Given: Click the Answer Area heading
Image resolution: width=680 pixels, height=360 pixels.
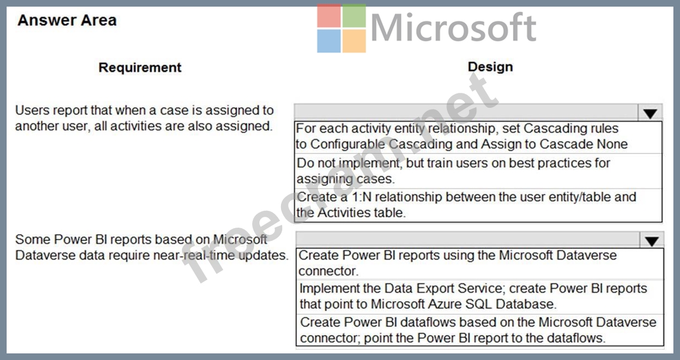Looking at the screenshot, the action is click(67, 20).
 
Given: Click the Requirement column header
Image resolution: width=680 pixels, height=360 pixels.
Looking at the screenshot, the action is click(140, 68).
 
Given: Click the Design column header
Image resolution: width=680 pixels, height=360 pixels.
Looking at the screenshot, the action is click(490, 67).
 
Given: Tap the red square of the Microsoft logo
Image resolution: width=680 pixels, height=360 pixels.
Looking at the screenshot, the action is click(329, 16).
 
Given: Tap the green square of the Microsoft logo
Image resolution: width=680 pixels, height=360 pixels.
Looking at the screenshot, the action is click(354, 16).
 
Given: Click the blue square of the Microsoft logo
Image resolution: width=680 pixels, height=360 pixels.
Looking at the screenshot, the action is click(329, 41).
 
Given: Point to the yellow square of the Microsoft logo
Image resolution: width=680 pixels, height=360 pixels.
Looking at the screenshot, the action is click(354, 41).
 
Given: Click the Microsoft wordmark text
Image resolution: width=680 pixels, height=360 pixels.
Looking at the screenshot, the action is click(453, 28).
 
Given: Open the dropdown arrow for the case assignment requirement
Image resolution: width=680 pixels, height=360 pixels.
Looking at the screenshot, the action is click(649, 113).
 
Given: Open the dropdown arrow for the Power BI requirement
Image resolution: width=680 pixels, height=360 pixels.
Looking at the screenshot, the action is click(651, 240).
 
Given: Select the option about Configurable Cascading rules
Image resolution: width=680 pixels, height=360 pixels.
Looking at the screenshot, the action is click(461, 136).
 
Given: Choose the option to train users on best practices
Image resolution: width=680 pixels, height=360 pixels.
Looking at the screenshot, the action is click(453, 171).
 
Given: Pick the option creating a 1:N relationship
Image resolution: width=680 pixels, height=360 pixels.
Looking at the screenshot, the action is click(466, 205).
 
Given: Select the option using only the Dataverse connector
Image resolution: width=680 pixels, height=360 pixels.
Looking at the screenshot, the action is click(458, 263).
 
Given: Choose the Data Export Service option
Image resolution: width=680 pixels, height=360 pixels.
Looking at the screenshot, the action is click(473, 297).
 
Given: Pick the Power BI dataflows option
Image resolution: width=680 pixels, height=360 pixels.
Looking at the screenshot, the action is click(478, 329).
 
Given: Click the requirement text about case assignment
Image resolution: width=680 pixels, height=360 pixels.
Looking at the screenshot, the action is click(144, 118).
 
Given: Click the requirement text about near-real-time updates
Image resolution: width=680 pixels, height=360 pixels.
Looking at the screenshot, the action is click(152, 247).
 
